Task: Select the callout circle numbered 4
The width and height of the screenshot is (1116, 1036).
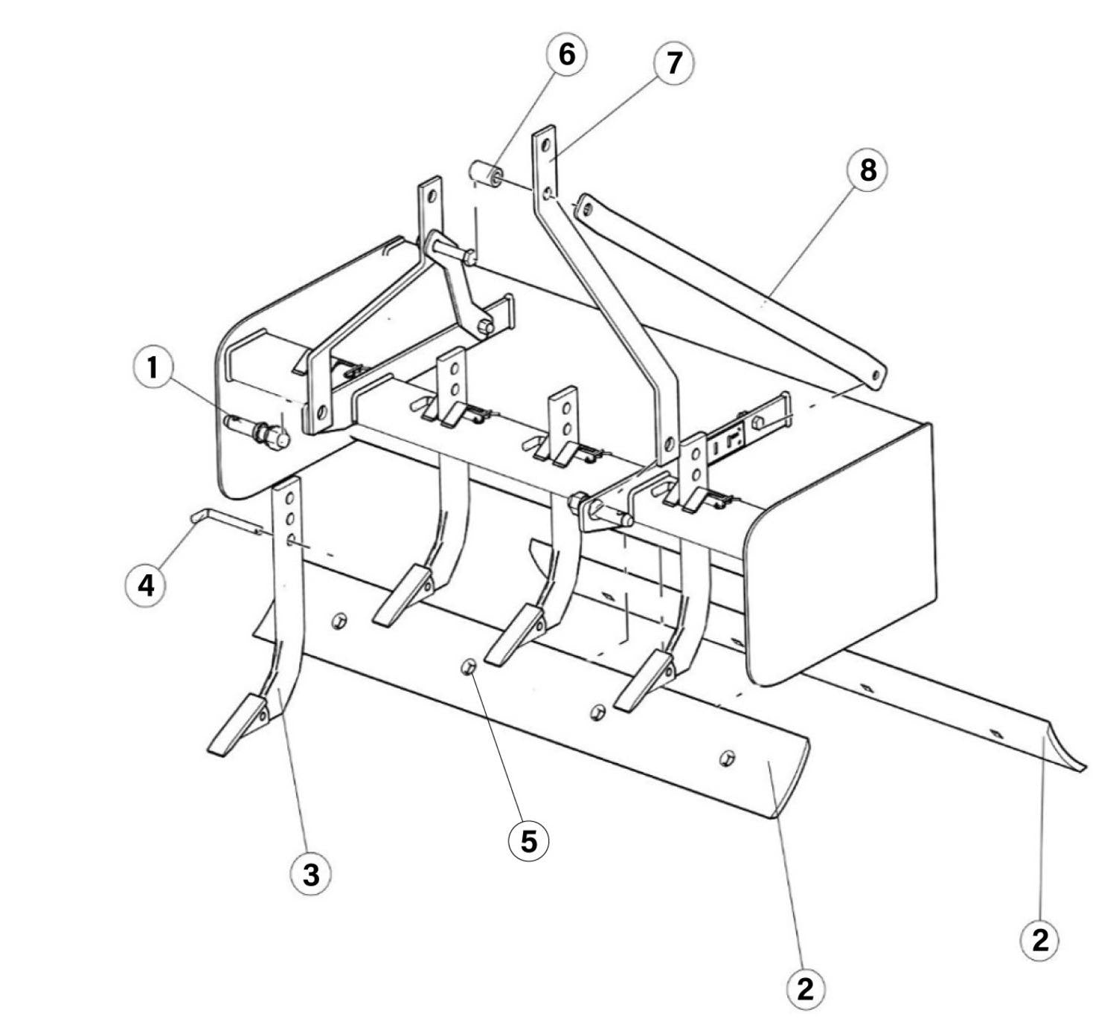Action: click(x=146, y=587)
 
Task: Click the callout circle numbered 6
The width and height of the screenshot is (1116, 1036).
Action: click(x=566, y=55)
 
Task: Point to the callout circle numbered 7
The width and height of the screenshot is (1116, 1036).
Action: click(x=674, y=63)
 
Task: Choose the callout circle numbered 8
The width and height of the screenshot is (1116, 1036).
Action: click(x=868, y=170)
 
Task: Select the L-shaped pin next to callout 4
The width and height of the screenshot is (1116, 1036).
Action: click(x=225, y=521)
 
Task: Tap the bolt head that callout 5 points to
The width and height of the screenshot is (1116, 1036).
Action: click(x=469, y=667)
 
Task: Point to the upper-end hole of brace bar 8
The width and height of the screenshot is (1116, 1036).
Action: click(x=587, y=210)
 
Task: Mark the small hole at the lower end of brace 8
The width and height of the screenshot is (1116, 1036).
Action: click(x=876, y=376)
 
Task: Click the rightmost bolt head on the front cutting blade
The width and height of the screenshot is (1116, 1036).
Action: click(x=727, y=757)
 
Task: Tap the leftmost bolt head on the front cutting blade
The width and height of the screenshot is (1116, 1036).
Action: click(x=339, y=620)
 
